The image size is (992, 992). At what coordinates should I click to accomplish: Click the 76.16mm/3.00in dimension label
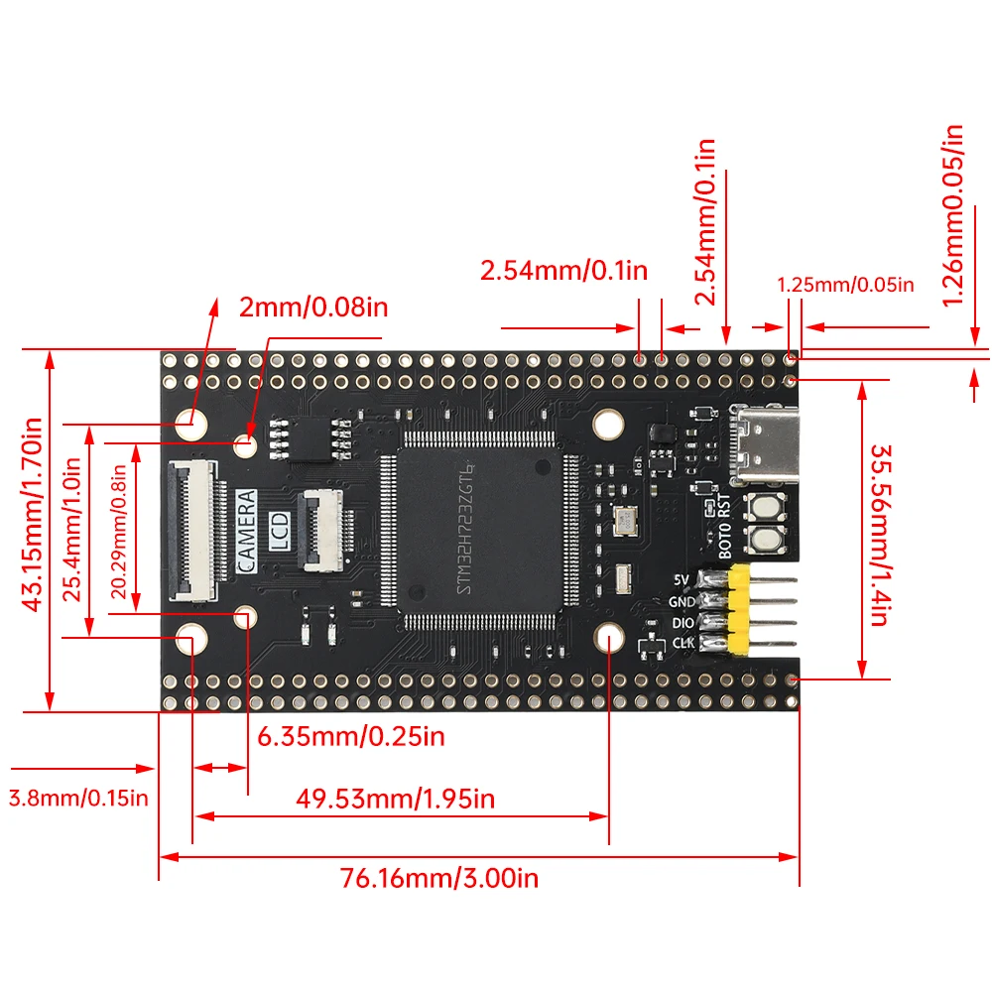(438, 879)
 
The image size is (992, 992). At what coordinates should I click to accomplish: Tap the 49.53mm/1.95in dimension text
(395, 799)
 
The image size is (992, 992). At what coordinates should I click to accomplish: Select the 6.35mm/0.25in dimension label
(351, 737)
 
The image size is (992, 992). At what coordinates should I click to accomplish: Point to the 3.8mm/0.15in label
(78, 797)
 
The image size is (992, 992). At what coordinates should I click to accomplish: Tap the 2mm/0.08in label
(313, 307)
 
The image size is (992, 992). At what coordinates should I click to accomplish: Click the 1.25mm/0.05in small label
(845, 285)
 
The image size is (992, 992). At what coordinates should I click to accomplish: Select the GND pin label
(682, 601)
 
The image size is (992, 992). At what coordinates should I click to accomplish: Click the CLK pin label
(683, 644)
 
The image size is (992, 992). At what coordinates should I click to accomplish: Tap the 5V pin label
(681, 579)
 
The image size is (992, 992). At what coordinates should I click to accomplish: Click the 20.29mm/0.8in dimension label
(119, 532)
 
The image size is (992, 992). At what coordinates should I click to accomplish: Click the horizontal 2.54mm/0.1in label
(563, 270)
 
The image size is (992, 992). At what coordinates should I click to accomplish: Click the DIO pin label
(682, 623)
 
